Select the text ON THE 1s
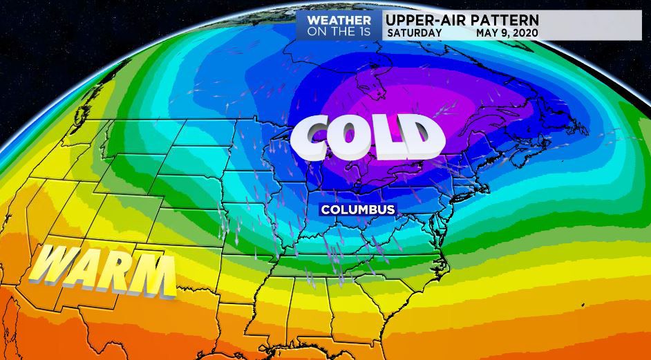pyautogui.click(x=339, y=32)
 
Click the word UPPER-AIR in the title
pyautogui.click(x=422, y=19)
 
